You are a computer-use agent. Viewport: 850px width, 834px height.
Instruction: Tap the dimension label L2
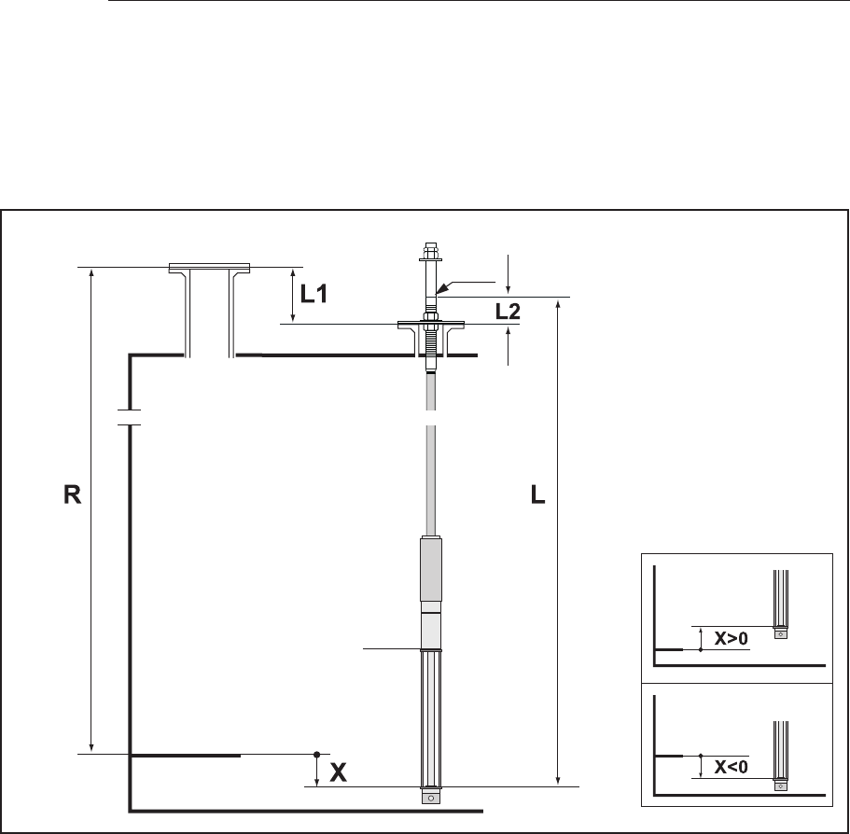(x=508, y=312)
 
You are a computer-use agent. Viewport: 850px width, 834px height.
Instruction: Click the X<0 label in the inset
(x=731, y=767)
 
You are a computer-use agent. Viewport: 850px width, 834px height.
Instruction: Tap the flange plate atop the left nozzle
(x=210, y=269)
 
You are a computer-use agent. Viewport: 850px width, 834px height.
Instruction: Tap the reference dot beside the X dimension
(x=317, y=754)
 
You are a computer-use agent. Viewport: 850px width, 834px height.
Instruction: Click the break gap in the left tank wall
(x=129, y=417)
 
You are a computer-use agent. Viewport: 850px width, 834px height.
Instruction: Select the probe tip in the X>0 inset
(x=781, y=632)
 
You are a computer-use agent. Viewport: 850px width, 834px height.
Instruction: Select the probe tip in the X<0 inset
(x=781, y=785)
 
